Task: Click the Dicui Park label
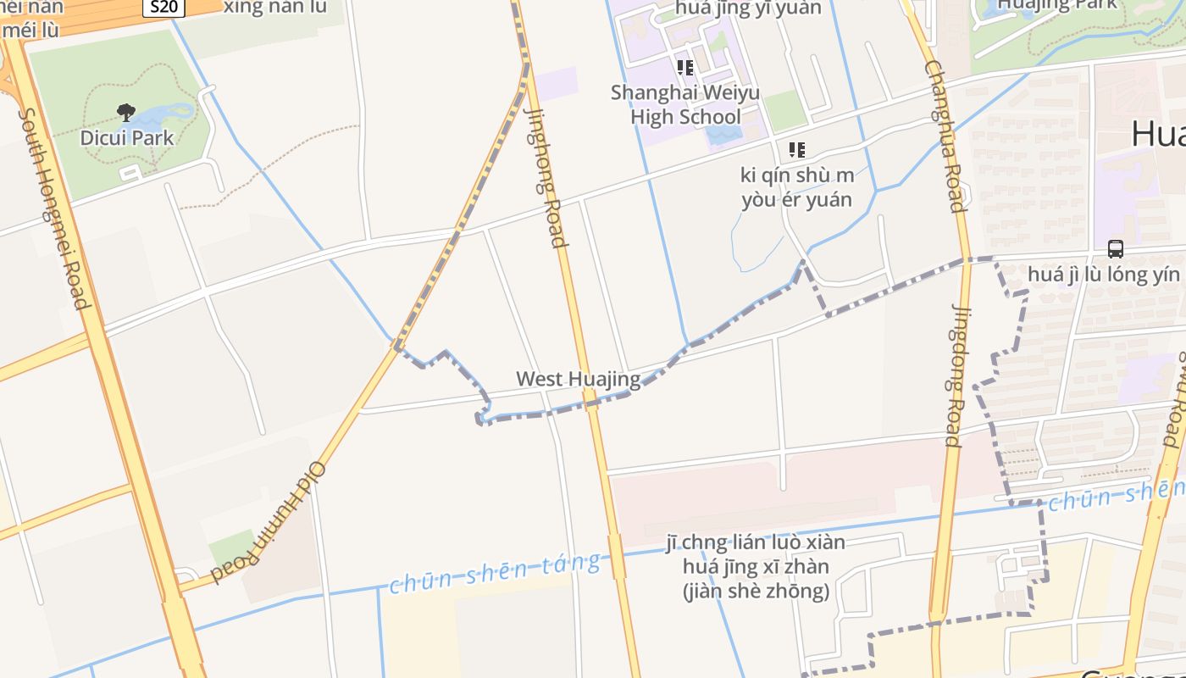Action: pos(127,137)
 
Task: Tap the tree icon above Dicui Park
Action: pos(126,112)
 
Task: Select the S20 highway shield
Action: pos(164,8)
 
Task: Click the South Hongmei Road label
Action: pos(53,208)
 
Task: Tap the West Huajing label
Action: pos(579,379)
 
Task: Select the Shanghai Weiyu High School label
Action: pos(685,104)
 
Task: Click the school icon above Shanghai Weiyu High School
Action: pos(684,67)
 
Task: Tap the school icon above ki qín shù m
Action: pos(796,150)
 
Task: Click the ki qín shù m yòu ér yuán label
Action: pos(797,187)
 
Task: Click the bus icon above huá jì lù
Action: pos(1116,249)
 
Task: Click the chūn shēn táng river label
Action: pos(496,572)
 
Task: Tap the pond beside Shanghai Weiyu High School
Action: pos(722,134)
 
